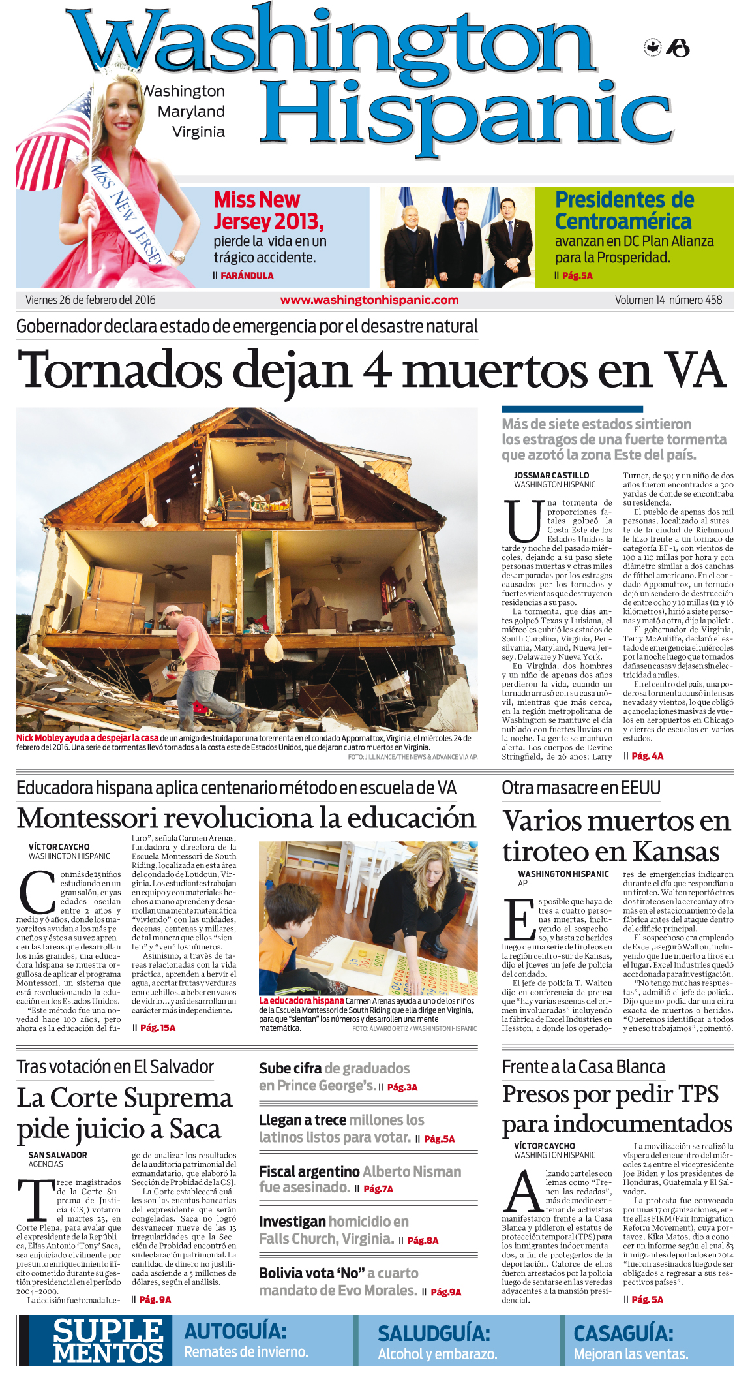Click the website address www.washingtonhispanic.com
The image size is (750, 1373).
click(369, 300)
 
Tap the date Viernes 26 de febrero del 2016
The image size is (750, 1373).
click(91, 300)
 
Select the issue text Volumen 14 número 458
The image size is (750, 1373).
click(668, 300)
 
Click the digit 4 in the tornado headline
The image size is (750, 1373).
click(377, 371)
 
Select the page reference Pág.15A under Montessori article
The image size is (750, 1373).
click(158, 1028)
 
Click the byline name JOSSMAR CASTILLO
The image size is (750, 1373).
click(551, 476)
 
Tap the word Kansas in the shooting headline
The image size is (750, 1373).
click(676, 852)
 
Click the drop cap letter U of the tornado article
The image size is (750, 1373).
click(524, 521)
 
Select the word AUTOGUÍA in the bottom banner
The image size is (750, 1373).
click(235, 1331)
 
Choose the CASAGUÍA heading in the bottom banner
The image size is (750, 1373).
click(623, 1333)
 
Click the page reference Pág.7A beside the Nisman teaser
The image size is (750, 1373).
click(378, 1189)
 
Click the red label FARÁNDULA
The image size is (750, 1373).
click(247, 276)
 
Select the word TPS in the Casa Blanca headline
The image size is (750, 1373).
click(698, 1094)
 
